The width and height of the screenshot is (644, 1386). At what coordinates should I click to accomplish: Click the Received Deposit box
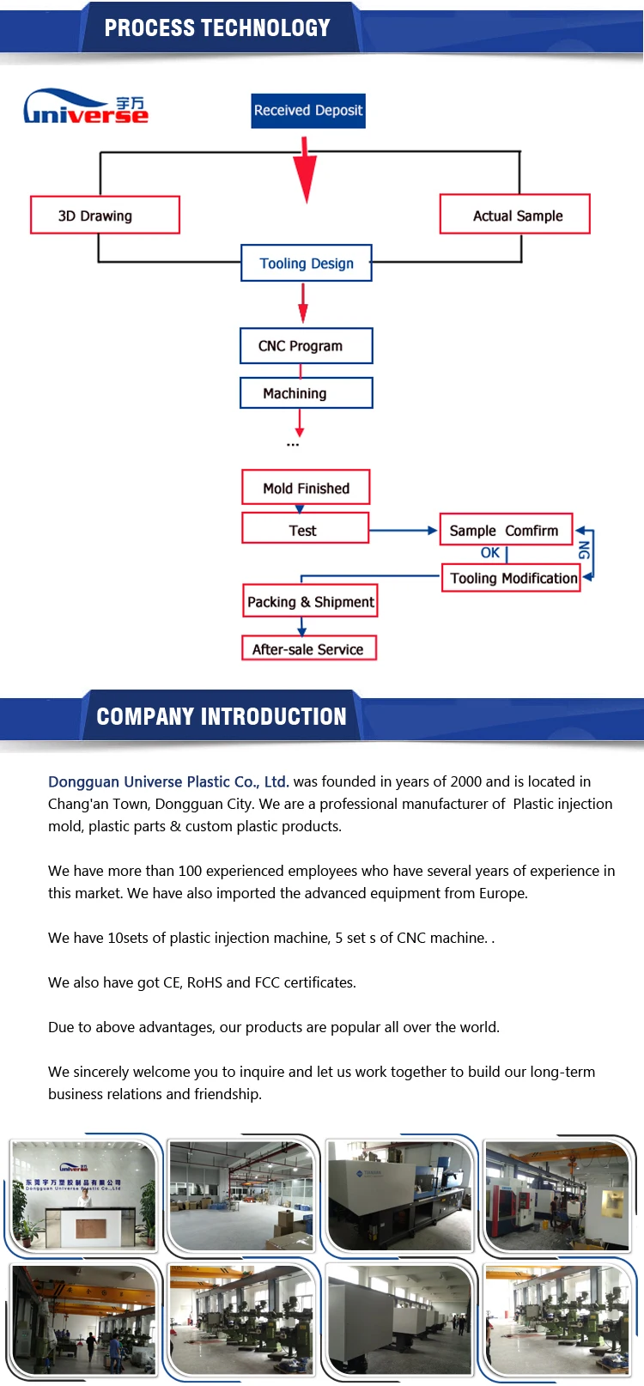click(308, 111)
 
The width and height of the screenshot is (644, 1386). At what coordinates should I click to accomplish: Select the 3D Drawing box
click(105, 215)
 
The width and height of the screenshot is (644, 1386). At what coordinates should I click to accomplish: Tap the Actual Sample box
click(515, 215)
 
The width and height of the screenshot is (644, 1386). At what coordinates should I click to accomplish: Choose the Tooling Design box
click(307, 263)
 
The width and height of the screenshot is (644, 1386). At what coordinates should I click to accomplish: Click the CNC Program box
click(307, 346)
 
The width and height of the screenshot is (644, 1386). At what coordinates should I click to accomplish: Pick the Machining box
click(307, 393)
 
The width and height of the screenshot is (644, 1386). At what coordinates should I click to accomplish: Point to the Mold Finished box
click(306, 487)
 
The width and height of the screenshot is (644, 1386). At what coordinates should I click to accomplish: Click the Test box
click(305, 529)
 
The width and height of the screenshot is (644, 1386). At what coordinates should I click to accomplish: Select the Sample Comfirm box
click(505, 530)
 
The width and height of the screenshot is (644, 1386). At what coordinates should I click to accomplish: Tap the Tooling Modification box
click(512, 578)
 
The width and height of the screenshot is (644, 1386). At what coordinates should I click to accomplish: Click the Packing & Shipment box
click(310, 601)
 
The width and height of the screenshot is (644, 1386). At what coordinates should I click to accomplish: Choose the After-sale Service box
click(309, 648)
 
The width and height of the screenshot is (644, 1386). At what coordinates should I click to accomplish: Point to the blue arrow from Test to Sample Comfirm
click(404, 531)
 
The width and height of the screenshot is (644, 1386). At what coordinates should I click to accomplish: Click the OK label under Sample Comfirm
click(489, 553)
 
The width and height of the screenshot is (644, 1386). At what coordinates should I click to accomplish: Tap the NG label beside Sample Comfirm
click(584, 550)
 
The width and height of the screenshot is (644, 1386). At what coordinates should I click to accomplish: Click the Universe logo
click(86, 107)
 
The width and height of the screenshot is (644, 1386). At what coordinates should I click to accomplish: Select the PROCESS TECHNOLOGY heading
click(217, 28)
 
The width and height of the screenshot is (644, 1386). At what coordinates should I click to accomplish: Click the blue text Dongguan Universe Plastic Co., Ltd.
click(168, 781)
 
